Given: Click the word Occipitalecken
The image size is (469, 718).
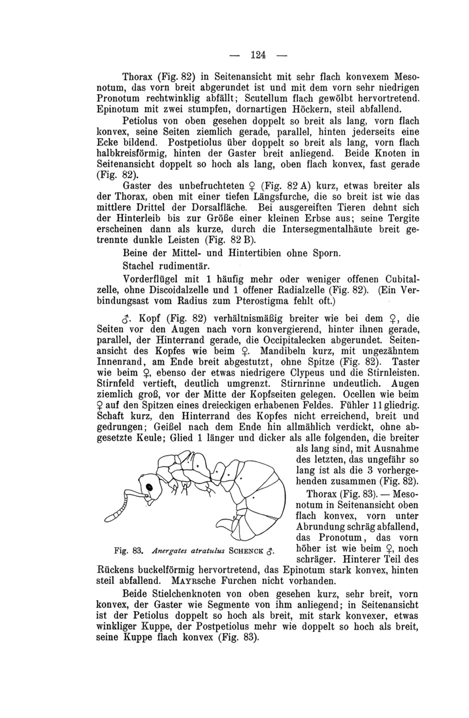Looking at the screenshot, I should [x=337, y=340].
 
